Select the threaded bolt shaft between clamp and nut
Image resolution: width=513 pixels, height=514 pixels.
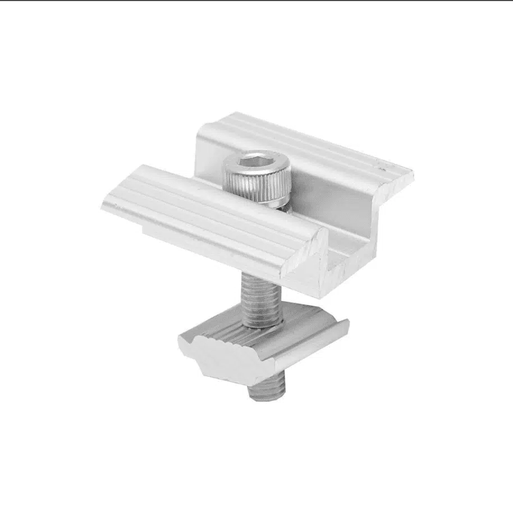click(261, 297)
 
